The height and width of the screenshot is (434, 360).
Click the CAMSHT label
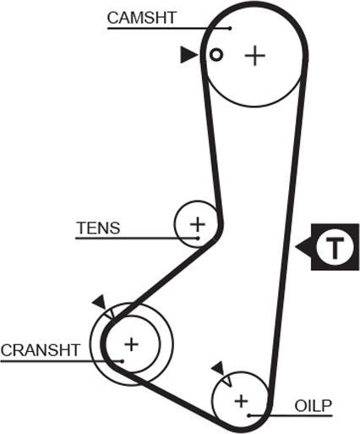(x=142, y=18)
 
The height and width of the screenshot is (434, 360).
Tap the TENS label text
(x=99, y=228)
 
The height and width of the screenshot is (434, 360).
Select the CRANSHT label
(x=41, y=350)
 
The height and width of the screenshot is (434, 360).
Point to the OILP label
(x=314, y=406)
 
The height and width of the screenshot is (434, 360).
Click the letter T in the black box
(x=335, y=248)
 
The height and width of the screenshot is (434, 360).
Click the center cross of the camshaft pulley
(x=255, y=56)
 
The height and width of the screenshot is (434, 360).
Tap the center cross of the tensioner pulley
(x=198, y=224)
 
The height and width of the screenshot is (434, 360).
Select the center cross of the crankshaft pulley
(x=132, y=344)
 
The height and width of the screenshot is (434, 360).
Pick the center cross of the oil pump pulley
(x=241, y=401)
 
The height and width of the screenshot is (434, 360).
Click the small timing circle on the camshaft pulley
(x=216, y=55)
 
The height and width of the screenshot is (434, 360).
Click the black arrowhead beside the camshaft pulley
(x=189, y=55)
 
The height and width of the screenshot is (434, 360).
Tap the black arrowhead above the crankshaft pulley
(x=99, y=302)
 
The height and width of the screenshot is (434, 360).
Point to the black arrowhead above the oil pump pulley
(x=218, y=368)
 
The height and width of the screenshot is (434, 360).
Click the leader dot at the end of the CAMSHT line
(x=230, y=28)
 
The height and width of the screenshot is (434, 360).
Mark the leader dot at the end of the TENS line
(x=198, y=239)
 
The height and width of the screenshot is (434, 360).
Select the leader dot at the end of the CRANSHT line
(x=123, y=361)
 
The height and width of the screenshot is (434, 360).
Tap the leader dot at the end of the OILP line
(x=249, y=415)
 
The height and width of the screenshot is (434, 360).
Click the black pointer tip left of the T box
(x=296, y=247)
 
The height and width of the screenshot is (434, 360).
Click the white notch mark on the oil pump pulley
(x=227, y=382)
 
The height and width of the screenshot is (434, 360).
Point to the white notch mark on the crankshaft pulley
(x=109, y=314)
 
